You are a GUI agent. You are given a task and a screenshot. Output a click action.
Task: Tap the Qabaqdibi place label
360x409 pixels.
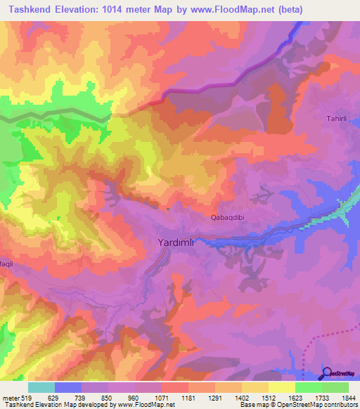coord(229,218)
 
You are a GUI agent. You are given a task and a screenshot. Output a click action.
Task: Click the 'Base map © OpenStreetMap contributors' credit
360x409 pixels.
coord(298,405)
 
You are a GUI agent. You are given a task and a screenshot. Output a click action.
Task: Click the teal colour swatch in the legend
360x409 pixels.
coord(41,387)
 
